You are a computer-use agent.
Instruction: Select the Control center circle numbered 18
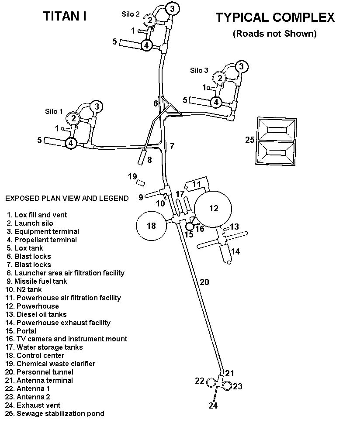(x=152, y=226)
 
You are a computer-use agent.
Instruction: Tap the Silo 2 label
(x=130, y=14)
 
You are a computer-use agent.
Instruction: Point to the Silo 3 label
(x=199, y=70)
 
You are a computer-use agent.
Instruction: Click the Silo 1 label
(x=54, y=111)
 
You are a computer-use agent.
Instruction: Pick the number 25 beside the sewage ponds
(x=249, y=140)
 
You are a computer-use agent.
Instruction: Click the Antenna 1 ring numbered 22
(x=211, y=383)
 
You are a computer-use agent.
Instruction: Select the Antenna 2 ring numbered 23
(x=227, y=385)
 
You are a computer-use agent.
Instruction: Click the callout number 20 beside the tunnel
(x=204, y=282)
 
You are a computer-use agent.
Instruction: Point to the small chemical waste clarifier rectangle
(x=141, y=182)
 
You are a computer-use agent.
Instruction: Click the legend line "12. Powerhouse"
(x=33, y=306)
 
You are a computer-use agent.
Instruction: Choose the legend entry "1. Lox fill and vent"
(x=37, y=215)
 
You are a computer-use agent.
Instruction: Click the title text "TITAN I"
(x=64, y=17)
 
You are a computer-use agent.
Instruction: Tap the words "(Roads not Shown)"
(x=274, y=33)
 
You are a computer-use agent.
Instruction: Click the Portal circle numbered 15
(x=189, y=227)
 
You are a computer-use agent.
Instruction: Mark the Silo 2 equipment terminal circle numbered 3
(x=173, y=8)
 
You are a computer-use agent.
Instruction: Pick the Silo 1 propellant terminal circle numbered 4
(x=71, y=143)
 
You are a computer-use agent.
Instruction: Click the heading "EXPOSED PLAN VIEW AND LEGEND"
(x=67, y=198)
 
